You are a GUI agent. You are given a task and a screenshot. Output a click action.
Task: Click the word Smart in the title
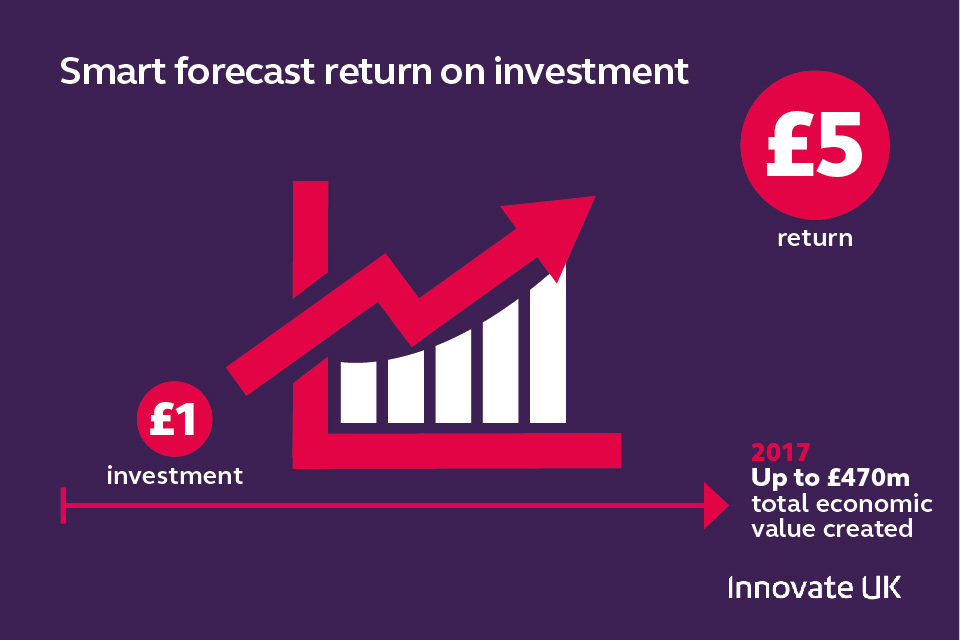113,71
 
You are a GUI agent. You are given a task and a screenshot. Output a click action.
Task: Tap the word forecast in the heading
245,71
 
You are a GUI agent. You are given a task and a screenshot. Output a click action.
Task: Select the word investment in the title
591,71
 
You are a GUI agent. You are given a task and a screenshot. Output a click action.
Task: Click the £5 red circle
815,145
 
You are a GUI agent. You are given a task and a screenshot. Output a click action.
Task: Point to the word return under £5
815,238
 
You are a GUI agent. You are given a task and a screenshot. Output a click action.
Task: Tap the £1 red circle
174,419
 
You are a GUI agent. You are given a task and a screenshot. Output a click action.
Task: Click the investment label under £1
174,476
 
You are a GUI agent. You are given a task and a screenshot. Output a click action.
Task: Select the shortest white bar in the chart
358,392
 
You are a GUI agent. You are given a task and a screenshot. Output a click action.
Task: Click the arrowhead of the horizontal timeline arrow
716,506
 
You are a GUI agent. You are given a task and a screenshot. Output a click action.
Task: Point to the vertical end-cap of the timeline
63,506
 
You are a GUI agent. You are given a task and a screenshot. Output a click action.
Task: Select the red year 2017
781,453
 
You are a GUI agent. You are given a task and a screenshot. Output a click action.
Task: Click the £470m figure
868,478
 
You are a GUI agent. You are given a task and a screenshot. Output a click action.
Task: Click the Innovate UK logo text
814,587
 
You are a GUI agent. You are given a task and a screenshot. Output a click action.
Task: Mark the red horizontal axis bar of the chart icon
457,451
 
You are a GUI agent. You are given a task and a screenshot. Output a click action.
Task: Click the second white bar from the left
406,387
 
